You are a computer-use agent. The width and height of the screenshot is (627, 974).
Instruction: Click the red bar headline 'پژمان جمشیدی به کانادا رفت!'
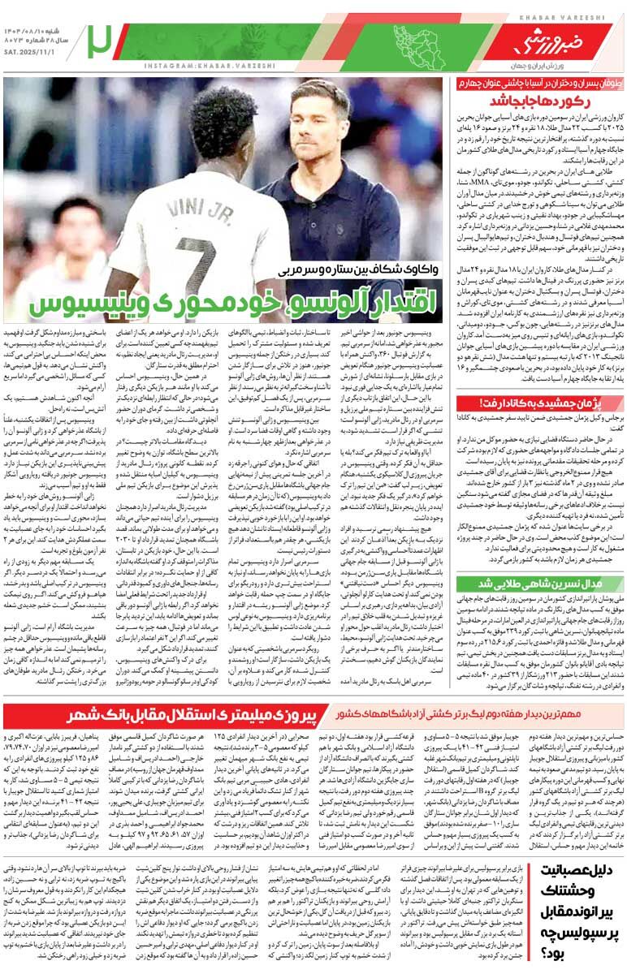pos(542,403)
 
